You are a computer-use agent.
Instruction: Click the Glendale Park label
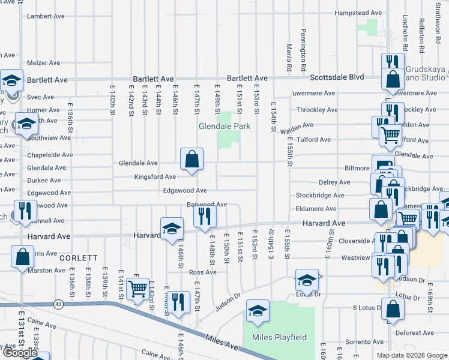pyautogui.click(x=224, y=127)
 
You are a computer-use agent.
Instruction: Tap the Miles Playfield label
pyautogui.click(x=279, y=337)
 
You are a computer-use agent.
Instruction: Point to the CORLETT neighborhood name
pyautogui.click(x=79, y=258)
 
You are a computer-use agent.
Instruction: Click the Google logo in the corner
pyautogui.click(x=20, y=353)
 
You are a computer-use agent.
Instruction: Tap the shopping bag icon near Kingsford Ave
pyautogui.click(x=191, y=160)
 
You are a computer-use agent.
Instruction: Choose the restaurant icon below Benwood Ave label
pyautogui.click(x=205, y=217)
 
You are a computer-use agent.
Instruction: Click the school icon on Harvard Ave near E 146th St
pyautogui.click(x=171, y=228)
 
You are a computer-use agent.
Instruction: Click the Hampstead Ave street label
pyautogui.click(x=358, y=13)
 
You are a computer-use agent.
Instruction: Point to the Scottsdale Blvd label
pyautogui.click(x=337, y=77)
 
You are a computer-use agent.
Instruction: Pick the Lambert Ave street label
pyautogui.click(x=46, y=16)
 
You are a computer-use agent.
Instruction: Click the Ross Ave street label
pyautogui.click(x=202, y=272)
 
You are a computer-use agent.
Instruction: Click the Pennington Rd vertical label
pyautogui.click(x=304, y=46)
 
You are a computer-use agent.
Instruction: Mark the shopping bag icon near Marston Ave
pyautogui.click(x=22, y=256)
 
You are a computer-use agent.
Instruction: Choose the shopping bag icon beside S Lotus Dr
pyautogui.click(x=393, y=309)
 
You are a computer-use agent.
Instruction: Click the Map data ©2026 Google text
pyautogui.click(x=411, y=355)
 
